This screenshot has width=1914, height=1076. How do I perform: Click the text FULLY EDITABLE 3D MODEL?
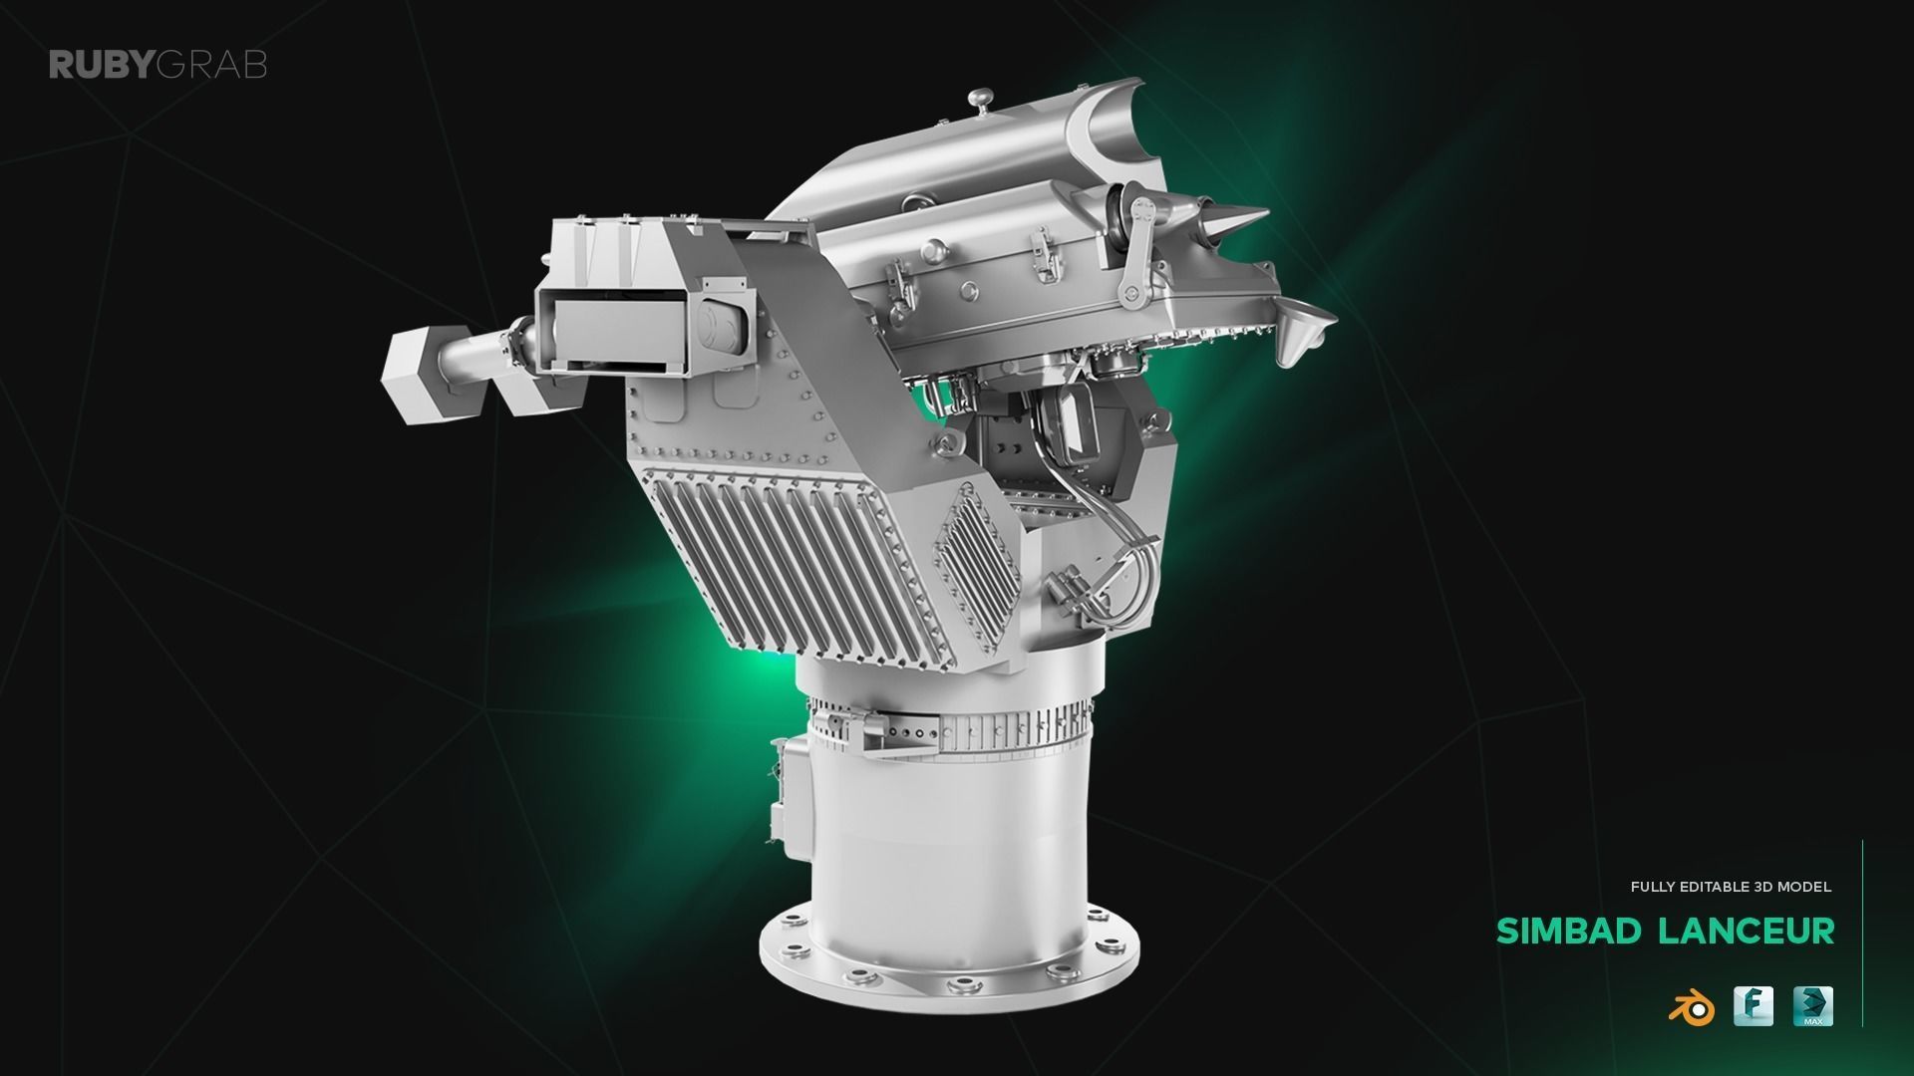tap(1731, 886)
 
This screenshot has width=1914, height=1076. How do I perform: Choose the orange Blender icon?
tap(1691, 1008)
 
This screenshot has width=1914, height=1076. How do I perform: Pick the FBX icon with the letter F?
tap(1753, 1006)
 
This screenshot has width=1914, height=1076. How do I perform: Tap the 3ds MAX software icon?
tap(1813, 1006)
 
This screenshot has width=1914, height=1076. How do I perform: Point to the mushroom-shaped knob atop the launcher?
tap(981, 100)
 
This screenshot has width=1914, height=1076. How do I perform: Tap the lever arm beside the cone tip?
tap(1136, 249)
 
